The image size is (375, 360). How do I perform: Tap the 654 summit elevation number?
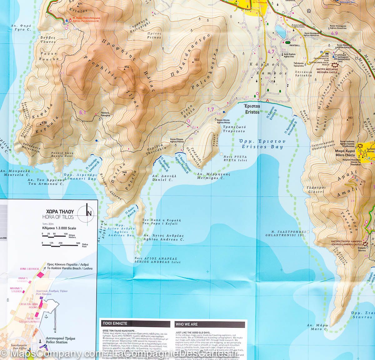click(127, 67)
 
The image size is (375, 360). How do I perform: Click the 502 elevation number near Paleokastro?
click(197, 60)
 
